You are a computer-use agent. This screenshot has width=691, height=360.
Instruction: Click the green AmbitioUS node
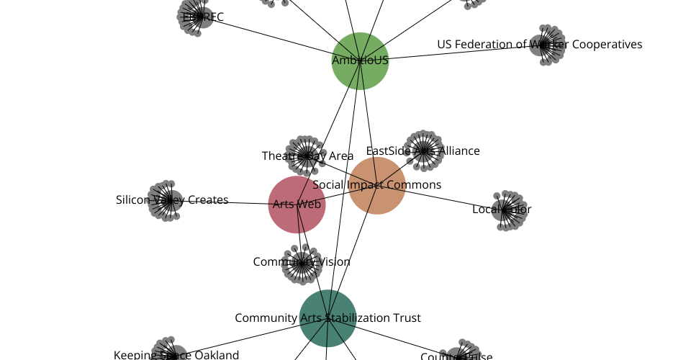(x=360, y=60)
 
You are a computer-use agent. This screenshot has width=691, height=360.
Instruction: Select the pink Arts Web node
(x=297, y=204)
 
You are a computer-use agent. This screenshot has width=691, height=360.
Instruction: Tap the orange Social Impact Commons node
(x=377, y=185)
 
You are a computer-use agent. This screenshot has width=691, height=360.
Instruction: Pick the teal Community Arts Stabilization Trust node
(x=328, y=318)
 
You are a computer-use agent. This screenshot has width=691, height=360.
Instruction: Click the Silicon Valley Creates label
(x=172, y=200)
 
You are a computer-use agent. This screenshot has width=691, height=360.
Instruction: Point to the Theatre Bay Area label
(x=307, y=156)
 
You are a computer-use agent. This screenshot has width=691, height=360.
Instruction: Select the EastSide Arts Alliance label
(x=423, y=151)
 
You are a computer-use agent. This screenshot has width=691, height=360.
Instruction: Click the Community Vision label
(x=302, y=262)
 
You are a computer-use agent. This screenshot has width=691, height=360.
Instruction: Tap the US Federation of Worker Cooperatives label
(x=539, y=45)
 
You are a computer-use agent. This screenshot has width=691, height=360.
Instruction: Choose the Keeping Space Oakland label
(x=176, y=354)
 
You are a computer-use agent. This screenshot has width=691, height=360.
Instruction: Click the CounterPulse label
(x=456, y=356)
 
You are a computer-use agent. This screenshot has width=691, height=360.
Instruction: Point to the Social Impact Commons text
(x=377, y=185)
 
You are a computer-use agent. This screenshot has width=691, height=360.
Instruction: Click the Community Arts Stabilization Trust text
(x=328, y=318)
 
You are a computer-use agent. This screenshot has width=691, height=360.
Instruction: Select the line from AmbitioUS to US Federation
(x=461, y=53)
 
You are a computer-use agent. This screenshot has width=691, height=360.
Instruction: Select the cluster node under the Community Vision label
(x=302, y=264)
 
